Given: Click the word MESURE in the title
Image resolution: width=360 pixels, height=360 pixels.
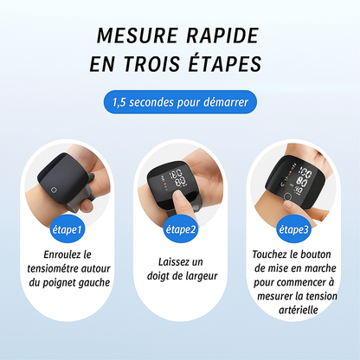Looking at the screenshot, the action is point(137,35).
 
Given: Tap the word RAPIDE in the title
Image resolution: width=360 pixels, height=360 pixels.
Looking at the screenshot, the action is point(222,35).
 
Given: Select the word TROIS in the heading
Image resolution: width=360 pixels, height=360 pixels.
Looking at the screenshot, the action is point(152,63).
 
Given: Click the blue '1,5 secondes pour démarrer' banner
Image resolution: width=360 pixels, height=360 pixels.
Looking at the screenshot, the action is point(180,102).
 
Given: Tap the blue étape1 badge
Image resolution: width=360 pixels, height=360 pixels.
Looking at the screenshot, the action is point(67,229).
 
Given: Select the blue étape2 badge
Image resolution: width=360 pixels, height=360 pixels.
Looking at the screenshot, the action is point(181,229).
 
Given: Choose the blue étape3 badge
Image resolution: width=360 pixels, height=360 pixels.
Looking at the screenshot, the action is point(294,229).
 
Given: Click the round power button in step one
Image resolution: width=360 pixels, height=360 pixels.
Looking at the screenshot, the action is point(54,190).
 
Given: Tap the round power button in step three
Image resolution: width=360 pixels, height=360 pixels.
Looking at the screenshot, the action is point(287,196).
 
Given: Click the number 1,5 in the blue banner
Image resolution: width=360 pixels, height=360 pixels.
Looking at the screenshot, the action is point(119,102).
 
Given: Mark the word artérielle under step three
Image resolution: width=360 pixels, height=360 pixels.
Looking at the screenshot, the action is point(299,310).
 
